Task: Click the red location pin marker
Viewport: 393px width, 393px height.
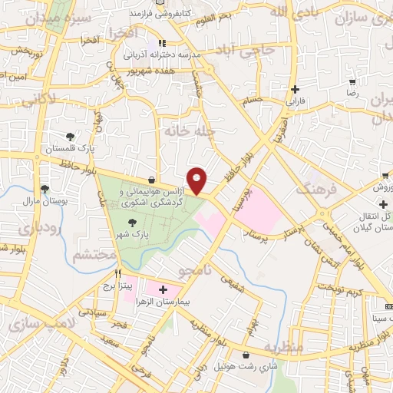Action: (x=197, y=180)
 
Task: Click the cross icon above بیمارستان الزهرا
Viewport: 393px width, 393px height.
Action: (x=163, y=289)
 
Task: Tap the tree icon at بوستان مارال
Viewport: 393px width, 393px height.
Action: (x=45, y=188)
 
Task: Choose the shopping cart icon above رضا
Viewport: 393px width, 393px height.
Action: (x=352, y=81)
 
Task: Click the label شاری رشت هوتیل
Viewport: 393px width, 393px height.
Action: (x=243, y=368)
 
